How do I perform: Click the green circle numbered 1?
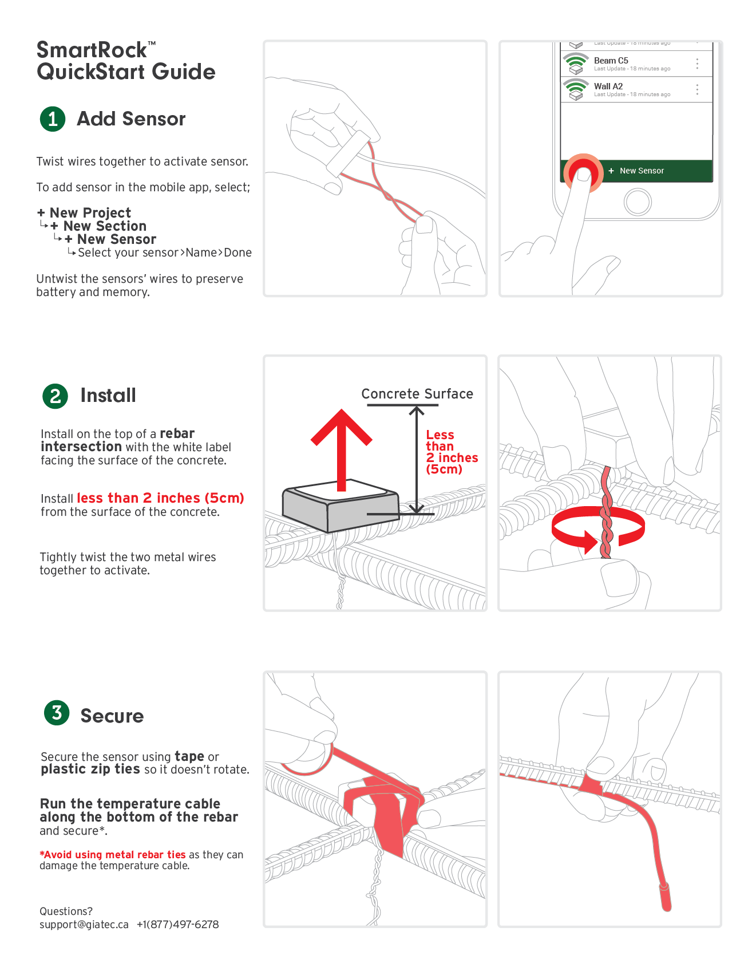point(53,119)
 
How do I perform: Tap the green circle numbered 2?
point(55,396)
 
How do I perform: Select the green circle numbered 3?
point(57,713)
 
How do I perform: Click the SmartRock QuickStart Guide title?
point(126,61)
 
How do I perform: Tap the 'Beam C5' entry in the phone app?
point(611,61)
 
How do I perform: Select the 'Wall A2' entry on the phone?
point(608,86)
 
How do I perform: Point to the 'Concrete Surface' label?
point(417,394)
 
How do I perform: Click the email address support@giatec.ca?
point(84,925)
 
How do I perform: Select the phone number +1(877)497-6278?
point(177,925)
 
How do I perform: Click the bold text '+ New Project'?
point(84,213)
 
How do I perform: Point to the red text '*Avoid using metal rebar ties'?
point(113,855)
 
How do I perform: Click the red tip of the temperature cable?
point(666,898)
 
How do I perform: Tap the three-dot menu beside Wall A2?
point(697,89)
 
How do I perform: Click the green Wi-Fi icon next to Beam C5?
point(576,61)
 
